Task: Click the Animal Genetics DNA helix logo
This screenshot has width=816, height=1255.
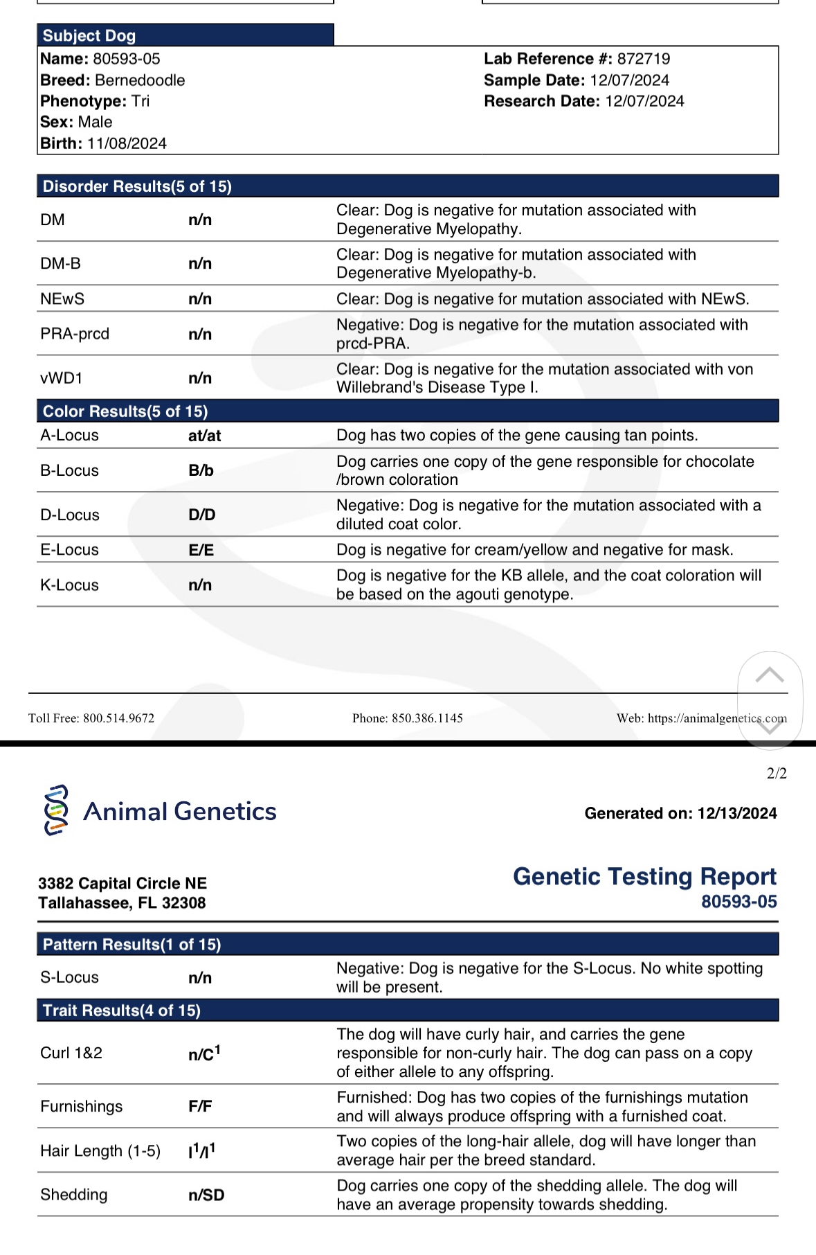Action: [x=56, y=810]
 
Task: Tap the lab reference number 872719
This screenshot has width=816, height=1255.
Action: [x=643, y=59]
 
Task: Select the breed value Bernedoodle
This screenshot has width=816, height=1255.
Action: [x=140, y=80]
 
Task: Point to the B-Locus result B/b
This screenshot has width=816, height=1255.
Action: [x=201, y=470]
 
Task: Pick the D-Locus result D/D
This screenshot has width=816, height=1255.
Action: [x=201, y=515]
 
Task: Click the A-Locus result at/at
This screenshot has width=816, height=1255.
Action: [x=204, y=436]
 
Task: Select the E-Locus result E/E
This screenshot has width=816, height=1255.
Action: [x=201, y=550]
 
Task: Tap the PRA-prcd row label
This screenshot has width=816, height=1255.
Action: [x=75, y=334]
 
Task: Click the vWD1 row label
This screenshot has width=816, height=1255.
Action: [x=62, y=378]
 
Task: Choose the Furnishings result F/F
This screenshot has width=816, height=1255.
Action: [x=200, y=1106]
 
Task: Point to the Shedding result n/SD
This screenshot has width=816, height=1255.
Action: [x=206, y=1195]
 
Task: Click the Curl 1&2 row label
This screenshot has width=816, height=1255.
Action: [x=71, y=1053]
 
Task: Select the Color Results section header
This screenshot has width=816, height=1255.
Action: [x=125, y=411]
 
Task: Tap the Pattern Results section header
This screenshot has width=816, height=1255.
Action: [x=132, y=944]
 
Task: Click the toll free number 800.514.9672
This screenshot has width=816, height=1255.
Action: [x=118, y=718]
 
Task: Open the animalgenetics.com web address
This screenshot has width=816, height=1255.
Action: [x=717, y=718]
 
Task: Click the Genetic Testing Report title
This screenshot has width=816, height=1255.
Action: [x=644, y=876]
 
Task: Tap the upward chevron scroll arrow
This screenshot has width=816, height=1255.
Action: [x=769, y=675]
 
